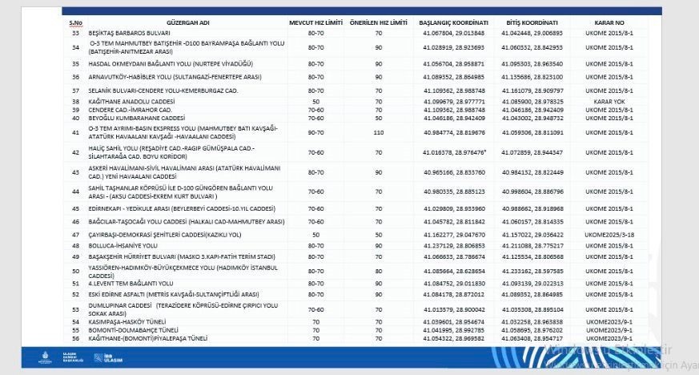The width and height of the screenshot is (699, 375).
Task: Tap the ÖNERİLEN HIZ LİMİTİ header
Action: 379,22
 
